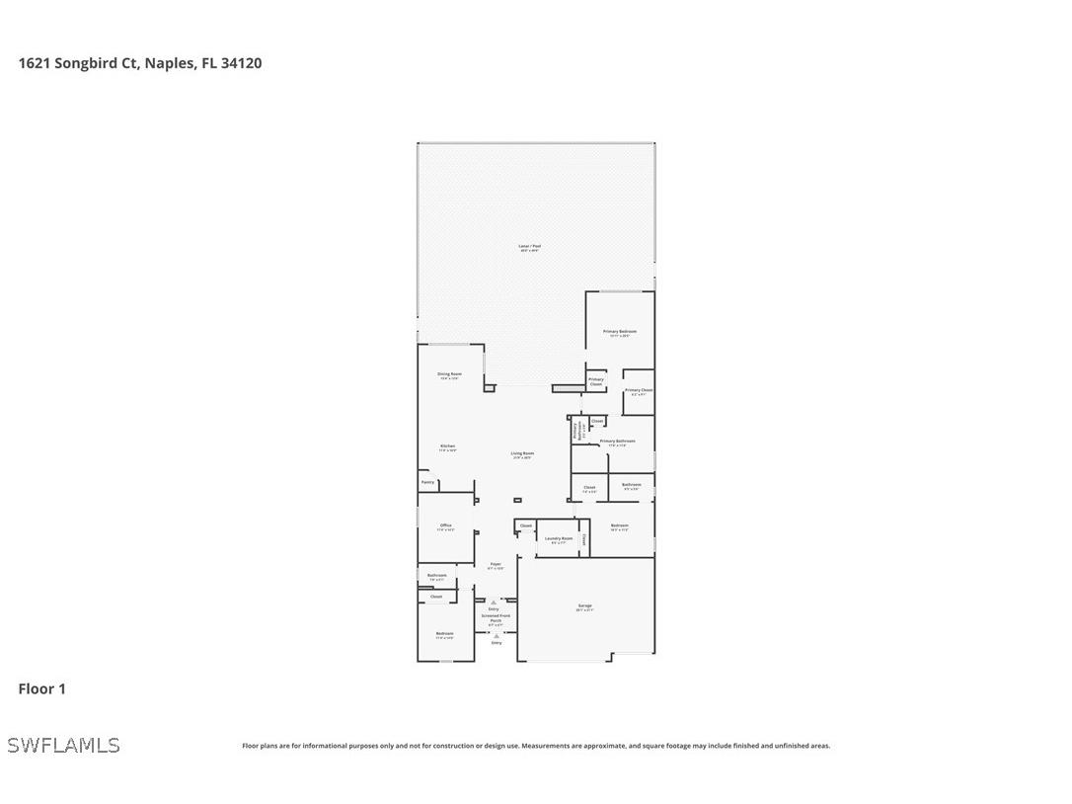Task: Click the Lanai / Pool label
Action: point(530,246)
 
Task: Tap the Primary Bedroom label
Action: point(619,332)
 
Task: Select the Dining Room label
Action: point(449,374)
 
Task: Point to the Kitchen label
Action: point(448,446)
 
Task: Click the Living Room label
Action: point(521,453)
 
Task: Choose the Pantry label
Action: point(427,482)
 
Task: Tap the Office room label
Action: point(446,525)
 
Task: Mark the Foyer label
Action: point(496,564)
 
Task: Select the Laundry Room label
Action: point(559,538)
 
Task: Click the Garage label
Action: point(585,605)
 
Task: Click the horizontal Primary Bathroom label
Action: point(617,442)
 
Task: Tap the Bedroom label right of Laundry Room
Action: point(619,525)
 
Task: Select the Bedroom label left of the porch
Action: point(445,633)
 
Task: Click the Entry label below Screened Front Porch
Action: point(497,643)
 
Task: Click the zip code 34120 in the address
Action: point(241,63)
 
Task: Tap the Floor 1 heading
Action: point(41,688)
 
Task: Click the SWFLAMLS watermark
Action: point(63,745)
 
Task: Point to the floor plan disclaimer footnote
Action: point(536,746)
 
